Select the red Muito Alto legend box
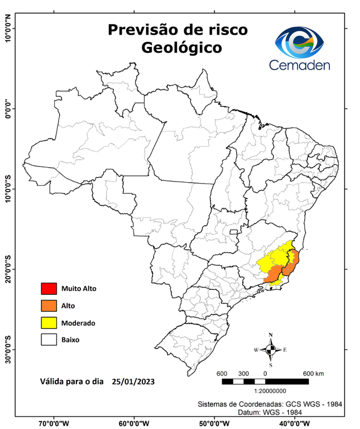(49, 289)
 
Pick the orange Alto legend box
(49, 306)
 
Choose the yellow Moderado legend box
(49, 322)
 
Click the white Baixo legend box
(49, 339)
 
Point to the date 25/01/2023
(133, 382)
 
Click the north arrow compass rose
(271, 350)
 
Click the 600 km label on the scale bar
(313, 373)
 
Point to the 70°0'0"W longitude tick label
(54, 423)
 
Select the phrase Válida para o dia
(71, 382)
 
